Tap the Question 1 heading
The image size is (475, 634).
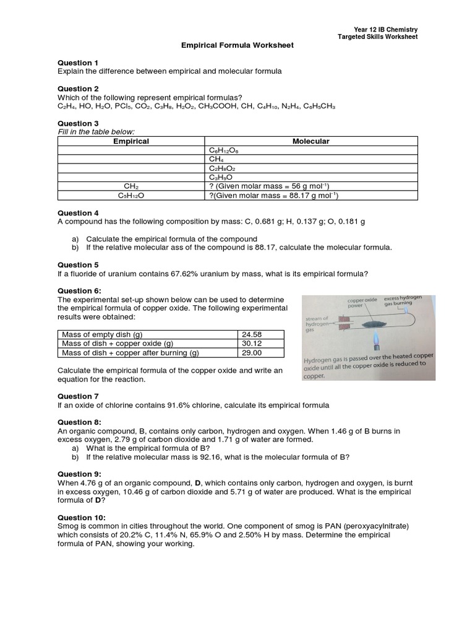click(78, 63)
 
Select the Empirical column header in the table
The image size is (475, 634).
click(131, 141)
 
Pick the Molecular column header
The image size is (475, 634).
click(310, 141)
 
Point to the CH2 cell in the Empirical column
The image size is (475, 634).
click(131, 186)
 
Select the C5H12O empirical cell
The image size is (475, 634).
click(131, 195)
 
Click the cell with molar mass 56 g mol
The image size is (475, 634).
click(269, 186)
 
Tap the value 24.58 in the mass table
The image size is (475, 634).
click(252, 334)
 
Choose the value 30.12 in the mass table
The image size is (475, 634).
click(252, 344)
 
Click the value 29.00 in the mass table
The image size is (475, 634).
click(252, 353)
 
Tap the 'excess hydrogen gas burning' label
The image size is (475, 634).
click(403, 300)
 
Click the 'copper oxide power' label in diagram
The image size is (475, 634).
click(362, 302)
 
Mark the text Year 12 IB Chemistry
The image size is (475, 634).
click(385, 29)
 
